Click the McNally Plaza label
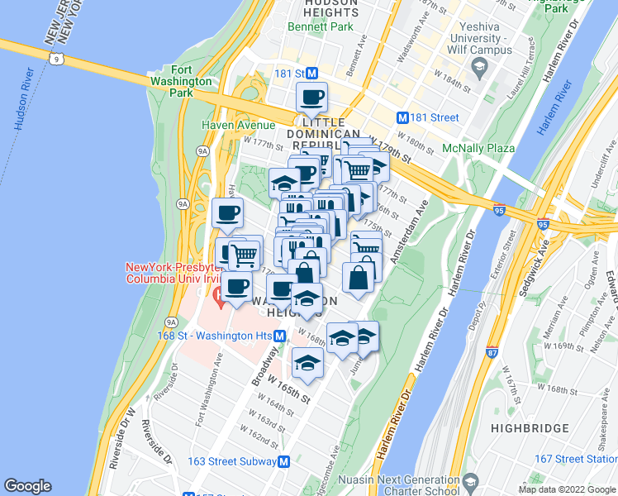479,148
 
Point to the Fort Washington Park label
193,81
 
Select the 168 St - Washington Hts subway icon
281,336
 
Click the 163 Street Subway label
231,461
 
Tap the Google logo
28,486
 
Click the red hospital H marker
218,295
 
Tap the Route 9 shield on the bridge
56,59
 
